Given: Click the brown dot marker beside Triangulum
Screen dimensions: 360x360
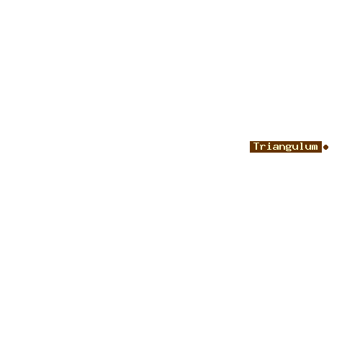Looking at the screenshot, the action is coord(325,147).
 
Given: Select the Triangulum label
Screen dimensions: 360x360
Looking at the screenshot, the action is coord(286,147).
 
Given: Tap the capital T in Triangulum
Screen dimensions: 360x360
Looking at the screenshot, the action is coord(257,146).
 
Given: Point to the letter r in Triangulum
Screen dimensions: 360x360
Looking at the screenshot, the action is coord(264,147).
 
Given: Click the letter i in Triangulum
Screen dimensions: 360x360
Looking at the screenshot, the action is coord(270,146).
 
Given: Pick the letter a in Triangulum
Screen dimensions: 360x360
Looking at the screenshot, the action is coord(276,147).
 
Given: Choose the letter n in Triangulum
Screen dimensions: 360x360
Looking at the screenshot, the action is coord(282,147).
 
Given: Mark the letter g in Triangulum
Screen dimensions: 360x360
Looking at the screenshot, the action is coord(289,148).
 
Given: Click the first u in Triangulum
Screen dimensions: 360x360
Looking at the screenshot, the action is coord(295,147).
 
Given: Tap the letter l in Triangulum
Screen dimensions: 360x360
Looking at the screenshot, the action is coord(302,146).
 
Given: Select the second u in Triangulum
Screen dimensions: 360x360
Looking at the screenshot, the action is coord(308,147).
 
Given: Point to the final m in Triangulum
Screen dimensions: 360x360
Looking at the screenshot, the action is coord(315,147).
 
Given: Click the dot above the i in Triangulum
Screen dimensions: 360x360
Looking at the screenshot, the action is coord(270,143).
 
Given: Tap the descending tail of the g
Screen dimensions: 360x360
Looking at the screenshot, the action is coord(289,151).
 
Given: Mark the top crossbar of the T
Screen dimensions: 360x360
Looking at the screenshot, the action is coord(257,143).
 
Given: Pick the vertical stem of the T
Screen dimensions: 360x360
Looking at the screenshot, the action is coord(257,147).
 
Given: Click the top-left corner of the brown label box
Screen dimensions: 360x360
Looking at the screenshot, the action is coord(250,141).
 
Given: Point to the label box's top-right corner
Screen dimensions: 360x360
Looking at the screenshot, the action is coord(322,141).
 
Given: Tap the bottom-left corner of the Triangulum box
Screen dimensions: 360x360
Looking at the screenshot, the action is coord(250,153).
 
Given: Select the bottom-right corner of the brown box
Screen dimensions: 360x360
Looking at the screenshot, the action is coord(322,153).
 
